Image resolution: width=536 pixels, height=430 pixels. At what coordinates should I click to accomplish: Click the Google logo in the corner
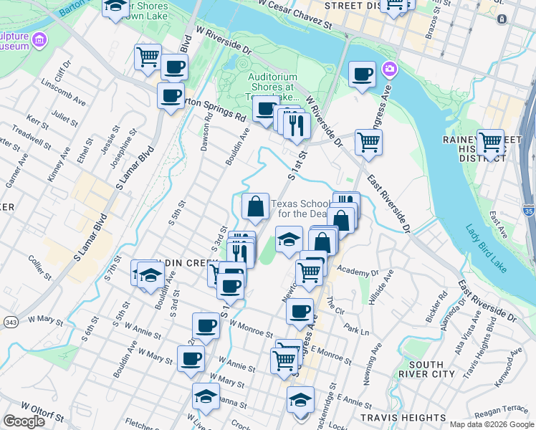click(x=24, y=421)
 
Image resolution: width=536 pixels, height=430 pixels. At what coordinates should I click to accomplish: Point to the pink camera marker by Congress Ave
click(x=389, y=70)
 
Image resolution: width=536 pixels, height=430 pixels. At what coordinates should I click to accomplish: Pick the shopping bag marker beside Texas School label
click(x=255, y=208)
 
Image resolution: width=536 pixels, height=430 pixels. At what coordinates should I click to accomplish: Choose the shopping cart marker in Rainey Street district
click(x=491, y=142)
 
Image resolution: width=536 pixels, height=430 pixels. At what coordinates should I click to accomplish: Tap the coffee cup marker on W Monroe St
click(x=206, y=326)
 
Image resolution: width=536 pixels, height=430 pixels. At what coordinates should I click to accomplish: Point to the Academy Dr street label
click(x=357, y=273)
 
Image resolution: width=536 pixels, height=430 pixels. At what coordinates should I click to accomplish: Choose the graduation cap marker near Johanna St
click(x=206, y=396)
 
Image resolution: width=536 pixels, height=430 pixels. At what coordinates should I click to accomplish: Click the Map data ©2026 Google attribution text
click(x=491, y=424)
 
